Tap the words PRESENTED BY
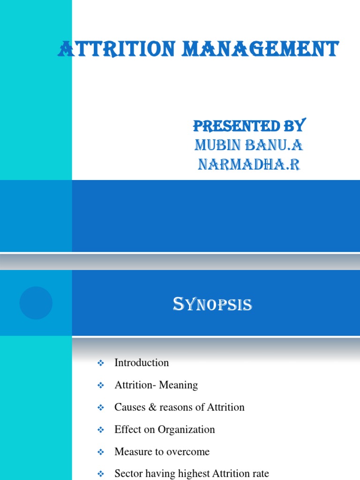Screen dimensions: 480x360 tap(249, 126)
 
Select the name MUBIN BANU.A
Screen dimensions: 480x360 tap(249, 146)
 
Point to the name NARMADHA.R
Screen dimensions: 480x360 tap(249, 165)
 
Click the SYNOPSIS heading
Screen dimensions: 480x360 tap(212, 305)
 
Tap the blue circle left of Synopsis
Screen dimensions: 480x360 tap(36, 303)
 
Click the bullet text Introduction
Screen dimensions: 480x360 tap(142, 362)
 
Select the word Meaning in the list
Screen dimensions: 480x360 tap(178, 385)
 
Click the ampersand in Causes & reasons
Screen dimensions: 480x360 tap(152, 407)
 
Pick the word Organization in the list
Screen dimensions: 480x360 tap(186, 429)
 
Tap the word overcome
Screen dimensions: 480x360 tap(187, 452)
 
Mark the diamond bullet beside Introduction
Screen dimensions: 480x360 tap(100, 363)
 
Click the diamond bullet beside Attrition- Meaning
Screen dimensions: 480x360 tap(100, 385)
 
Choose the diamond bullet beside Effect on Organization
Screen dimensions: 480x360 tap(100, 430)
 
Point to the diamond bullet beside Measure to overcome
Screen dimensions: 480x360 tap(100, 452)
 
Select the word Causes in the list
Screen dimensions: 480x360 tap(129, 407)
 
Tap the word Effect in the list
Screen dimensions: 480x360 tap(127, 429)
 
